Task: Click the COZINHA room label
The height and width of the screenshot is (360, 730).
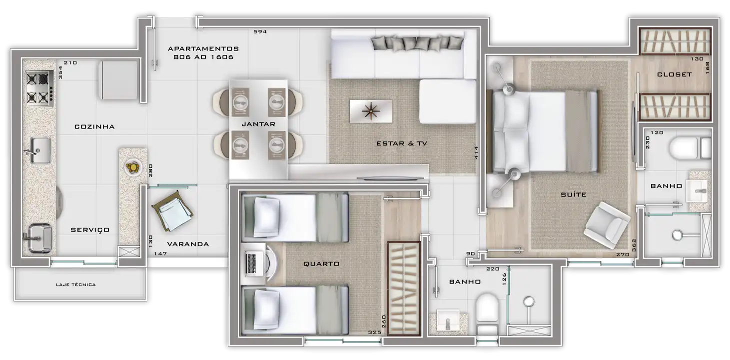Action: point(94,126)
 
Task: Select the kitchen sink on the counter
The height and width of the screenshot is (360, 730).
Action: point(40,150)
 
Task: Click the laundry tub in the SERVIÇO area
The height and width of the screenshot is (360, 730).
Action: point(38,238)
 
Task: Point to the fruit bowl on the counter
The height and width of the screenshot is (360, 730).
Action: point(133,167)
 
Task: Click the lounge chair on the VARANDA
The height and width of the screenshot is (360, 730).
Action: point(172,210)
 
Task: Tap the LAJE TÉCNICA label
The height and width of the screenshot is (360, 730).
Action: point(75,284)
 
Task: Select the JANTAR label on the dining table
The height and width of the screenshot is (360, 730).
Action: point(258,124)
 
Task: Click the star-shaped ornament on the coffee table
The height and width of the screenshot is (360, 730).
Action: point(371,111)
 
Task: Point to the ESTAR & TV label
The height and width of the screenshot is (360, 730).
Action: point(402,143)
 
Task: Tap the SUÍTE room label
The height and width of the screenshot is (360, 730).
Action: point(574,194)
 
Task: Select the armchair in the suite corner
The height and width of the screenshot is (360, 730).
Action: point(607,225)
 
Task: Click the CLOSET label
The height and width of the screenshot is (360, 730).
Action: point(674,74)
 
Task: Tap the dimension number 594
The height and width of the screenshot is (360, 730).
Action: point(260,31)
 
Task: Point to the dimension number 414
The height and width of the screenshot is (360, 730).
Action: point(476,152)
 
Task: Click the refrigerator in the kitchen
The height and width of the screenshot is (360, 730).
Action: point(118,80)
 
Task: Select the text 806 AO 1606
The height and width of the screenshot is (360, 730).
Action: point(203,57)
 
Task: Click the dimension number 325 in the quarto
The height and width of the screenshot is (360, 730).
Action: point(375,332)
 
